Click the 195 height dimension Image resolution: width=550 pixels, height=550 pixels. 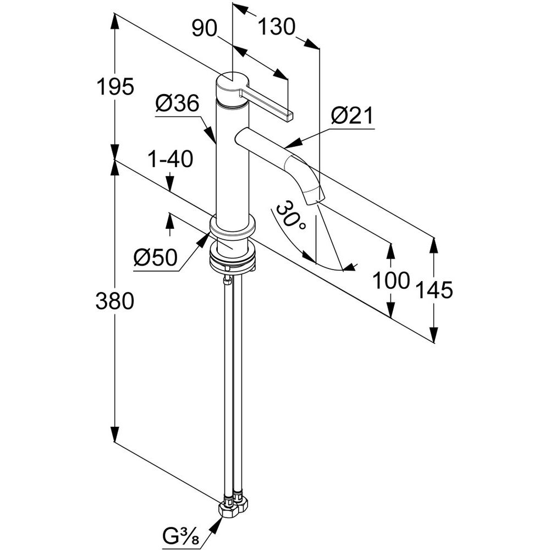click(115, 87)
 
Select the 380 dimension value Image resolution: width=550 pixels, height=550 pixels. click(115, 301)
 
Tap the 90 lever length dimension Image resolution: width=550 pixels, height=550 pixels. click(205, 28)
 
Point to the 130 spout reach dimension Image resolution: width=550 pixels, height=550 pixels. click(277, 26)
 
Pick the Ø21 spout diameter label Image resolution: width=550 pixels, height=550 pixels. click(353, 116)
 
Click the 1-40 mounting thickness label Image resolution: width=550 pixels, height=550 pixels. click(170, 160)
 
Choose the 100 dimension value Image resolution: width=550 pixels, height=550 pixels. click(391, 281)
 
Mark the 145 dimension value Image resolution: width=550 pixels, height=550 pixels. click(434, 290)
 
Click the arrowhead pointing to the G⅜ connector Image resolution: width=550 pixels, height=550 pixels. click(219, 520)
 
